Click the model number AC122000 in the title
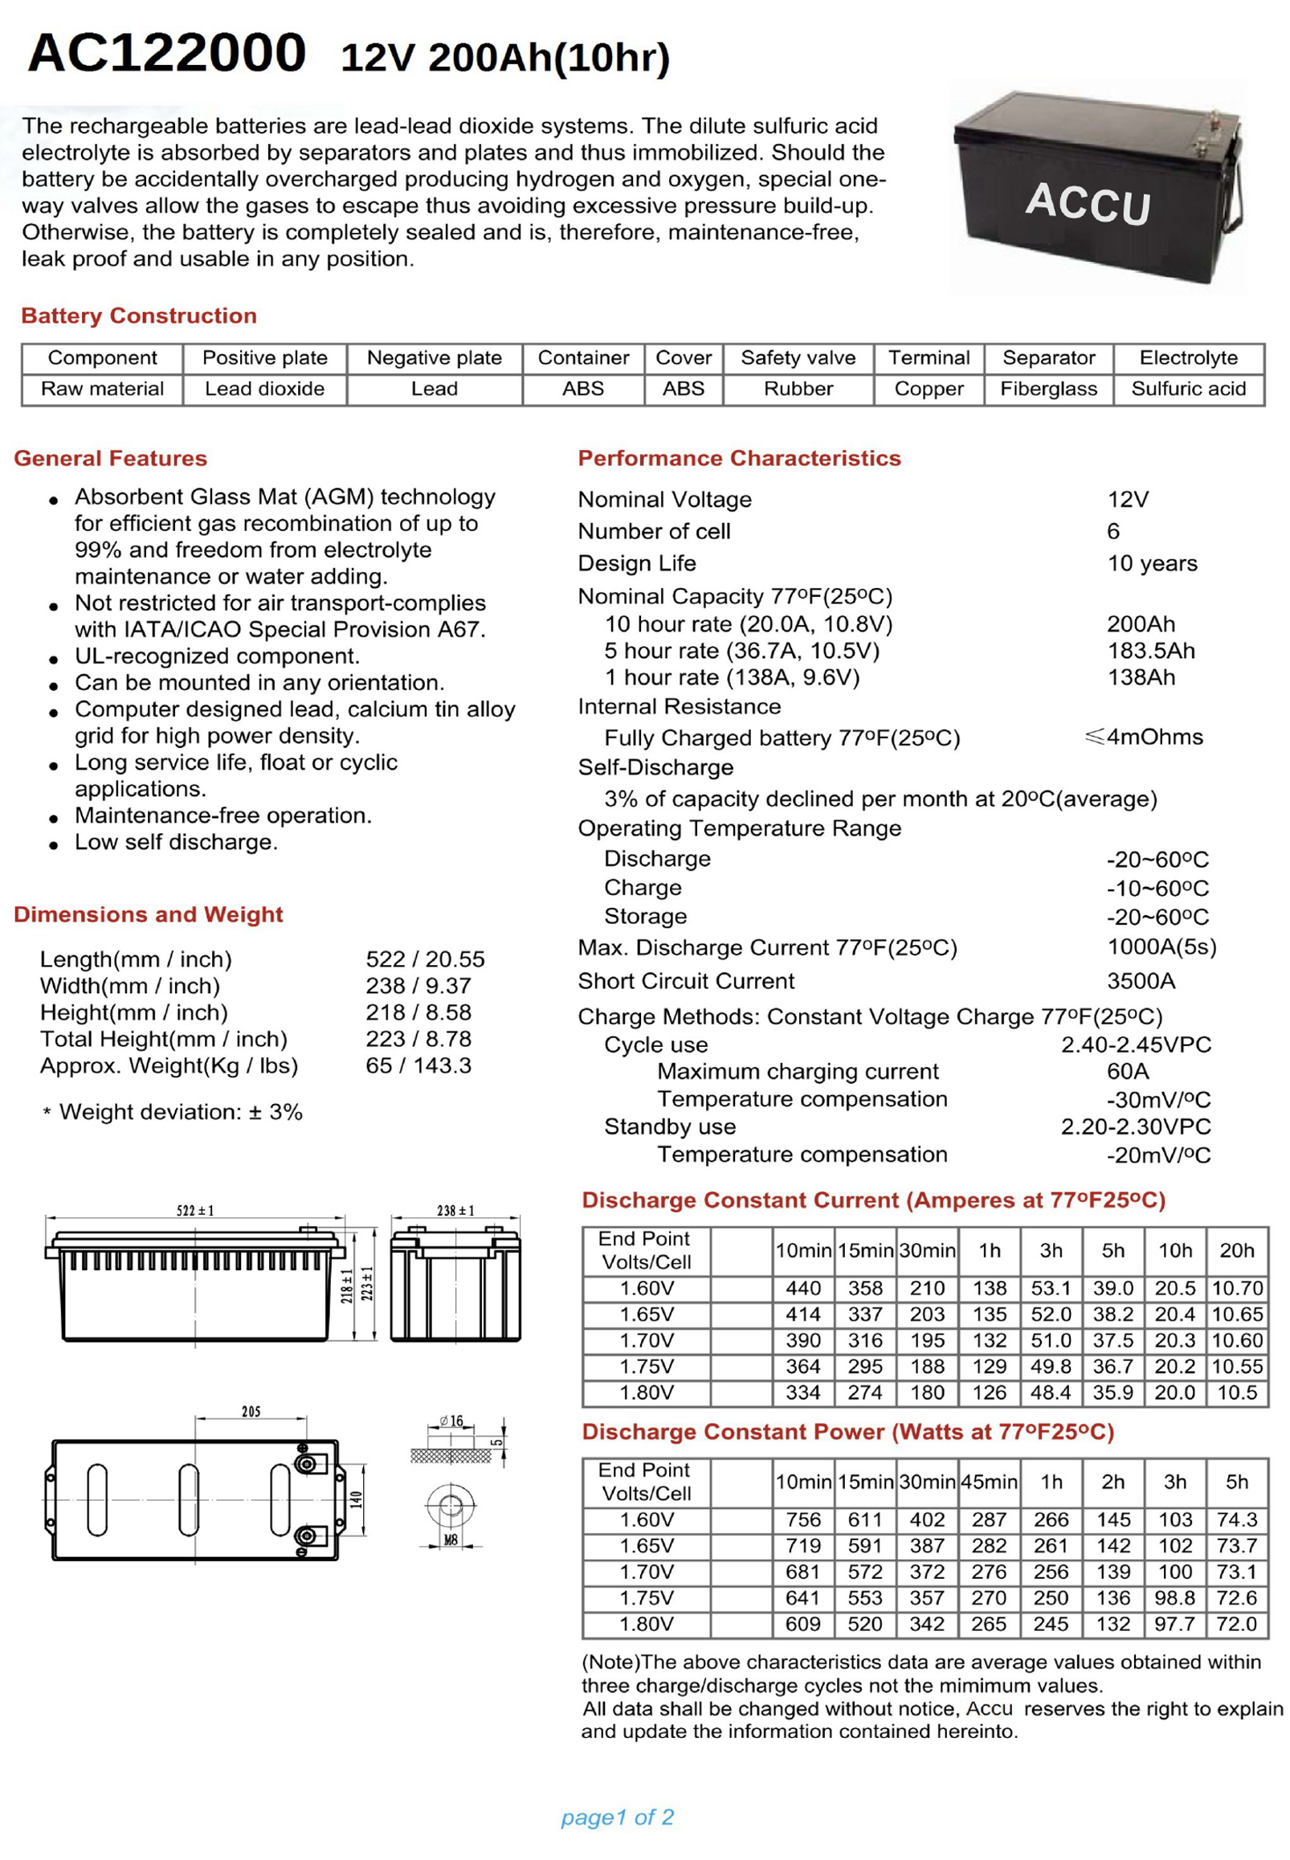(166, 52)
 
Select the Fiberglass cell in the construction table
(1048, 389)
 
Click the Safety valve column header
(798, 358)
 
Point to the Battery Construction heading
(139, 315)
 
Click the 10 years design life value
(1152, 563)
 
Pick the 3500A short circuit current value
(1141, 980)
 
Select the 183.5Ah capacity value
(1150, 651)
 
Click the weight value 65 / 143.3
(418, 1065)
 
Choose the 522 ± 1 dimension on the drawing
(195, 1210)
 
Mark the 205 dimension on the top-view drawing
(251, 1412)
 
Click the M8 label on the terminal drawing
(450, 1540)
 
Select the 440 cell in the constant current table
(802, 1289)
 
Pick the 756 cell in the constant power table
(802, 1519)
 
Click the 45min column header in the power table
(989, 1482)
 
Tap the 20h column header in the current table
(1237, 1250)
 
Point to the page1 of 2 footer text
(617, 1817)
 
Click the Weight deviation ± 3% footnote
(180, 1112)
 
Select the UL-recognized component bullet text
(218, 656)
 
